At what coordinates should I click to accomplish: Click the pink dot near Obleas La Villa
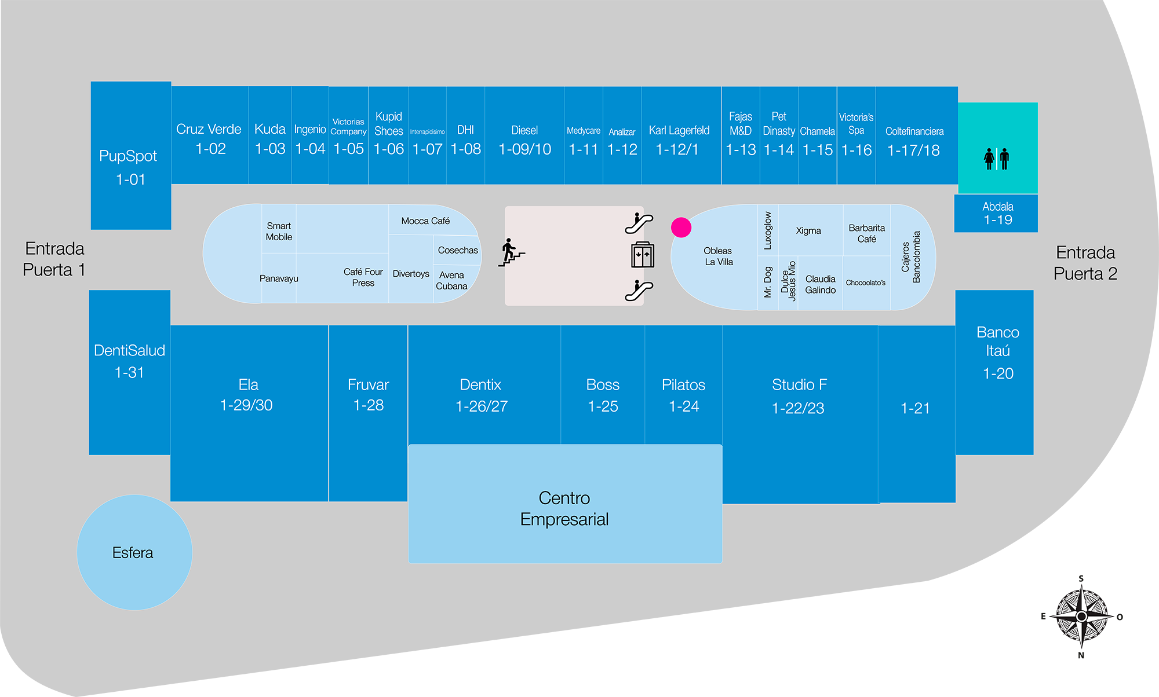681,228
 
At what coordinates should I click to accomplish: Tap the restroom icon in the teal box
997,159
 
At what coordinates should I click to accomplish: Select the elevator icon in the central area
642,255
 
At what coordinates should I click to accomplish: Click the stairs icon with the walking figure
511,253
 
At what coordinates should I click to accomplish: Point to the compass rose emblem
1081,617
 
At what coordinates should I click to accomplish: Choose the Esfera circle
134,552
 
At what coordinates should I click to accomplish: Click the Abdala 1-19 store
996,214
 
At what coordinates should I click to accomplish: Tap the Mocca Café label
425,221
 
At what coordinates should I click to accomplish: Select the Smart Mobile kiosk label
279,232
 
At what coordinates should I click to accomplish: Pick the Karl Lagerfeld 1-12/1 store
679,140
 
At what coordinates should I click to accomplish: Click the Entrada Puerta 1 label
54,259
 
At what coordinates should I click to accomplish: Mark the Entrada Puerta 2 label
1085,263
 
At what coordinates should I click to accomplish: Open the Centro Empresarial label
564,508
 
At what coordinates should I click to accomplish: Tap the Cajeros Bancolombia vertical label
911,257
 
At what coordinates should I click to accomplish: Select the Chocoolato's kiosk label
865,283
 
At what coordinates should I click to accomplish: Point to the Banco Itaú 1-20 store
997,353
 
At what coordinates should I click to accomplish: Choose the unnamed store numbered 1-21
915,408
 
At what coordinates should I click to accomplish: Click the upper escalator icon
639,223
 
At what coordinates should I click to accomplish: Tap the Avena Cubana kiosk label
451,281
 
